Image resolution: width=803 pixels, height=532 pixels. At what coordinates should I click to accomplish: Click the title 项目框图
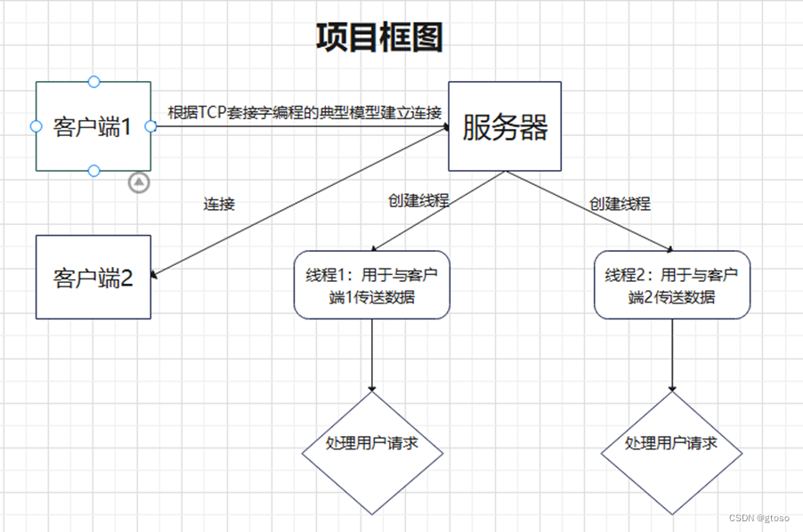coord(379,38)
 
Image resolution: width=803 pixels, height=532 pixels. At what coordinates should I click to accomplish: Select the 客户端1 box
coord(93,126)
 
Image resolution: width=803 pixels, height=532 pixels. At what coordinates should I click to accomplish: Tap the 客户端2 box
coord(93,278)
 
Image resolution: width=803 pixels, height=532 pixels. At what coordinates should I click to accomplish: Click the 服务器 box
coord(504,126)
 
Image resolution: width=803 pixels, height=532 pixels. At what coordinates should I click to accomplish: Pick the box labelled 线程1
coord(372,285)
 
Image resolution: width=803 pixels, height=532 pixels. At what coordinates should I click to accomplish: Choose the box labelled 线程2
coord(672,285)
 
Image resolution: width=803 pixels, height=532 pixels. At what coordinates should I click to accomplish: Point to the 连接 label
coord(219,204)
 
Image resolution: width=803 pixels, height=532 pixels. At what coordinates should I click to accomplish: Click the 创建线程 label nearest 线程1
coord(418,200)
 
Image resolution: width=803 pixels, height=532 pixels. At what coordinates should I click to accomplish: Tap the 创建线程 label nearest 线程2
coord(620,204)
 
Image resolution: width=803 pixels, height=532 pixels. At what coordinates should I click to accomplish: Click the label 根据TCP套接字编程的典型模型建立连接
coord(304,113)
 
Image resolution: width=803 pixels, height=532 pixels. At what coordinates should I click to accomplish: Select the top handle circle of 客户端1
coord(93,82)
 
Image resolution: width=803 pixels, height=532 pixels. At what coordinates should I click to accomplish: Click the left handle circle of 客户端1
coord(36,126)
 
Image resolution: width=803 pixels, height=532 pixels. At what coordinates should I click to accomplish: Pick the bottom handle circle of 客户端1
coord(93,170)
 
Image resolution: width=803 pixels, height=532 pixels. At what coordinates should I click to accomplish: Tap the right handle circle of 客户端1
coord(150,126)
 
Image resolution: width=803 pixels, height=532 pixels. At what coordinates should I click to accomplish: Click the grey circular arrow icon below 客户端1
coord(139,182)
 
